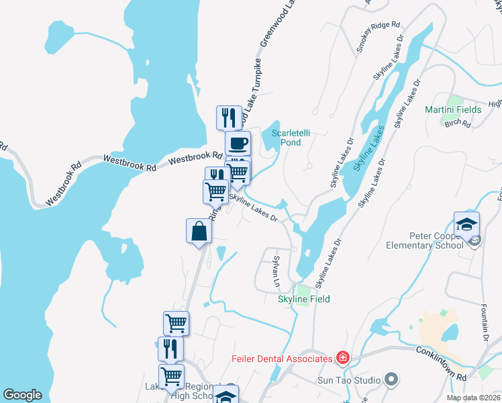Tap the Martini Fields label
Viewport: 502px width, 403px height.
453,109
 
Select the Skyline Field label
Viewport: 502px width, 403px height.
304,299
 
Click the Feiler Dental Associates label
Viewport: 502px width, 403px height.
283,359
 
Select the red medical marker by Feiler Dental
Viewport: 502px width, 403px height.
343,358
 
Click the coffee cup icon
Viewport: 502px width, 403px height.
237,142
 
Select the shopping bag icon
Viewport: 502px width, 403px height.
199,232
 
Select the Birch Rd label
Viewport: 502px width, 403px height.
457,123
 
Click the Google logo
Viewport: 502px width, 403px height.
22,395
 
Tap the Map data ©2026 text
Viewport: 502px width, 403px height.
473,398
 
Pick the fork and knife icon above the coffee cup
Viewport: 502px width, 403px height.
229,118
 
